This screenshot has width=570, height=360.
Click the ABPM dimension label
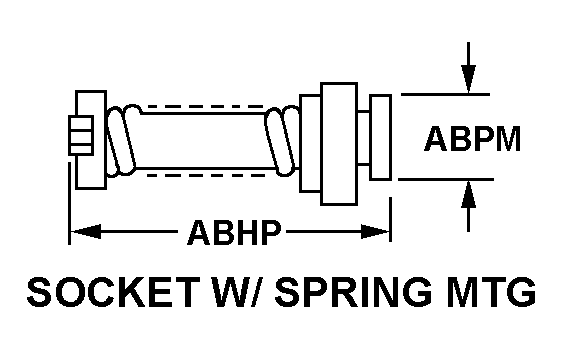tap(472, 139)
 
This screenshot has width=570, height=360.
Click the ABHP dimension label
tap(234, 232)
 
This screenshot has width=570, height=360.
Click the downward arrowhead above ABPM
tap(469, 79)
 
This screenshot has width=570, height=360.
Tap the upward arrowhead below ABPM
tap(469, 195)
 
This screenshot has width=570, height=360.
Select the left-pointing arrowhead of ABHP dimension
tap(86, 232)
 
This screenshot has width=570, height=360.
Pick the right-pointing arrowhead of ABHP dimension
tap(375, 232)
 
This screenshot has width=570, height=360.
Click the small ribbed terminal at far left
tap(81, 135)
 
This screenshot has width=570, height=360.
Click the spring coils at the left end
tap(123, 141)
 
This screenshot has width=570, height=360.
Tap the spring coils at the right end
tap(283, 141)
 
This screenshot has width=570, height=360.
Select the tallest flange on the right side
tap(339, 144)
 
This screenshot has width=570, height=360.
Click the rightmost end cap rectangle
tap(381, 137)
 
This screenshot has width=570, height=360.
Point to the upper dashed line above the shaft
tap(205, 107)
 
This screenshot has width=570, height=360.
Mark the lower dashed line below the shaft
tap(205, 175)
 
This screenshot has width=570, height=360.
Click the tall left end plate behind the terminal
tap(91, 140)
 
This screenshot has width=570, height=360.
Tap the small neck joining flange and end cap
tap(364, 138)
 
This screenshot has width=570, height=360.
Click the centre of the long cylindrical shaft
tap(204, 141)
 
